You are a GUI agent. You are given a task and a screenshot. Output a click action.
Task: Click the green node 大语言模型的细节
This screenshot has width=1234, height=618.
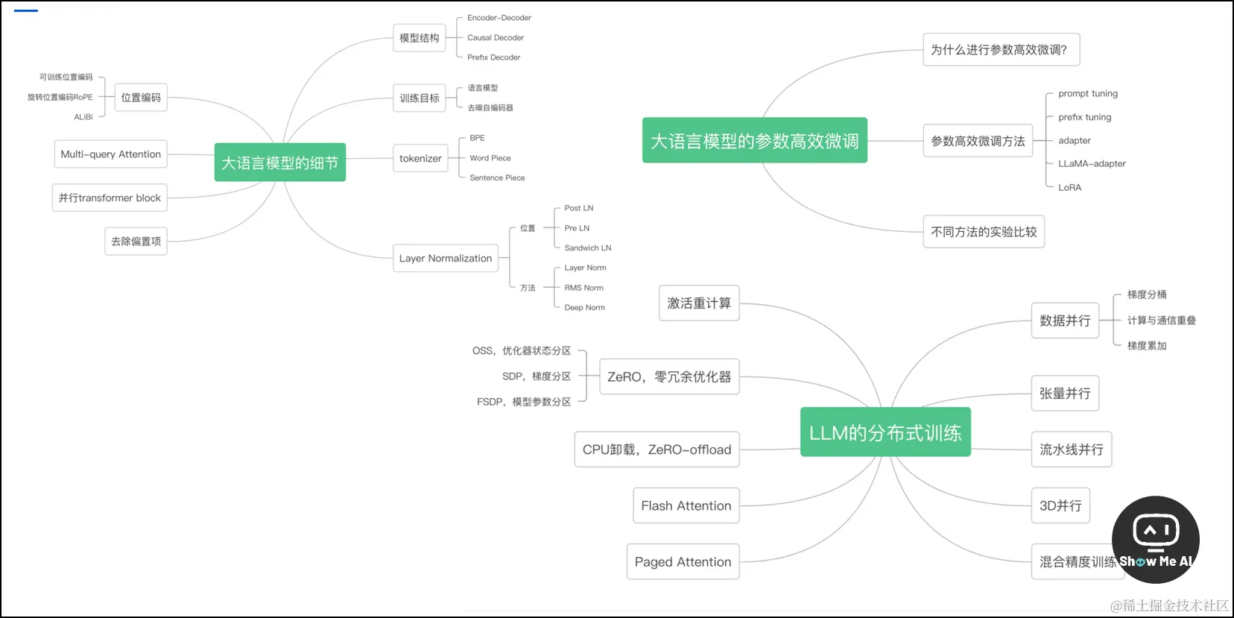pos(279,163)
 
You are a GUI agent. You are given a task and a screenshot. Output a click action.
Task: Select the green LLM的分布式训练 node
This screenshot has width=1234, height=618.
pos(885,432)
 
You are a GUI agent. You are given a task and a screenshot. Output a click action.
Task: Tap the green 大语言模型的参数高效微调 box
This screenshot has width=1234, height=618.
pos(754,140)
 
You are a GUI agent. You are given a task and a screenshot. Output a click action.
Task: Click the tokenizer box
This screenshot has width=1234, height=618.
pos(420,158)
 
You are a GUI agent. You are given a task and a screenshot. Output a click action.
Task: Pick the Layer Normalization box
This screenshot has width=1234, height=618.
pos(446,258)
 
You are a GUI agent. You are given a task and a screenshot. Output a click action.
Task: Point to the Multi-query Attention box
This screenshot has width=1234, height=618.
pos(110,154)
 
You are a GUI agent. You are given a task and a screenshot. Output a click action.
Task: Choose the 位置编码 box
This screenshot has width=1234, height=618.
pos(141,98)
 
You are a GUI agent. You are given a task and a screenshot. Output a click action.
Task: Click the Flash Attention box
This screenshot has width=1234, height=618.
pos(686,505)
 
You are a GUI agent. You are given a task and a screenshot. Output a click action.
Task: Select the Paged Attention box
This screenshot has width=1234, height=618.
pos(683,561)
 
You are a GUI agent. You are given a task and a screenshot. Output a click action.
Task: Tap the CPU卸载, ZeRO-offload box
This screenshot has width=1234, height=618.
pos(656,450)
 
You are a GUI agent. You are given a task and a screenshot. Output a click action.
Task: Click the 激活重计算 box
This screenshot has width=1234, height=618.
pos(699,303)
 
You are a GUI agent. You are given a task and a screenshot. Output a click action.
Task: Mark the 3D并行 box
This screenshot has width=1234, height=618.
pos(1060,505)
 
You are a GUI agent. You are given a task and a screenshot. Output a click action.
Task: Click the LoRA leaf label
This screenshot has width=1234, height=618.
pos(1069,187)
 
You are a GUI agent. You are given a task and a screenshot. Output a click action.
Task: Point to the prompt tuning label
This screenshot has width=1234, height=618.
pos(1087,93)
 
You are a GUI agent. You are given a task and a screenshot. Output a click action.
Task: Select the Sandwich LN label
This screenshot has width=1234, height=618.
pos(587,247)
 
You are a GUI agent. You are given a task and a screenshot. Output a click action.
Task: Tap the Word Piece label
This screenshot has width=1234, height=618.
pos(490,158)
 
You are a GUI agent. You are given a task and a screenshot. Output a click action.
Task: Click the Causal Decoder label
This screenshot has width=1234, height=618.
pos(495,37)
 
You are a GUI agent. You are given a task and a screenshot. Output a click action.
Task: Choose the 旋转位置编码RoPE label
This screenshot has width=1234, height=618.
pos(60,97)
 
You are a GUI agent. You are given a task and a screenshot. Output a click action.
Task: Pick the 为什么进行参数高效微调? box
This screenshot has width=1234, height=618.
pos(1001,50)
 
